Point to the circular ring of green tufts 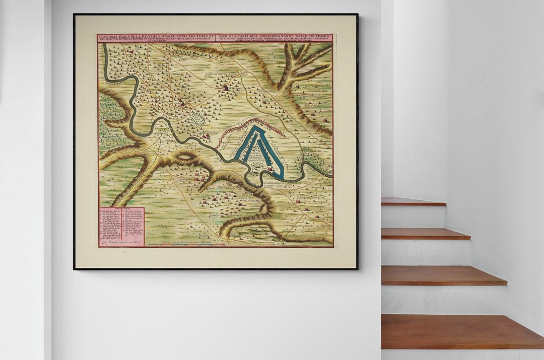(198, 119)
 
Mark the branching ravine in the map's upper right (302, 65)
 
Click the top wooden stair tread (413, 201)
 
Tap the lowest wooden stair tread (461, 331)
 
